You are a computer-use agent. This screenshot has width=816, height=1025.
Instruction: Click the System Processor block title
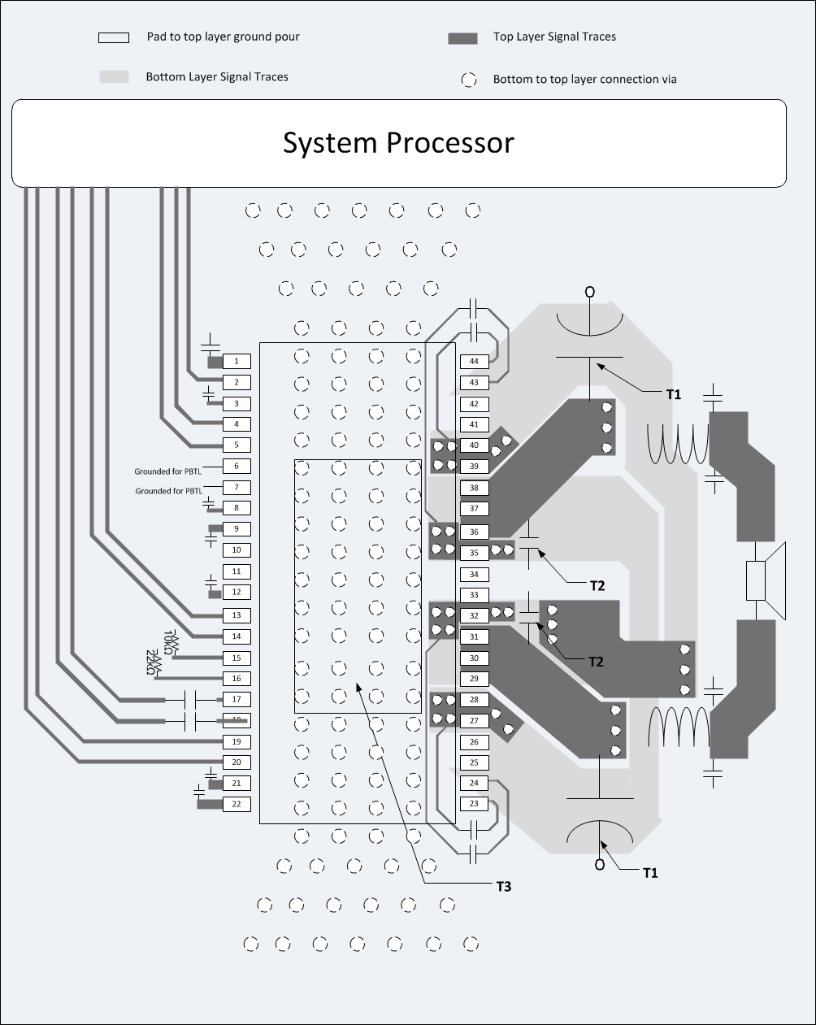pyautogui.click(x=398, y=143)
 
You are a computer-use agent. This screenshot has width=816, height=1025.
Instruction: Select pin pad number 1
pyautogui.click(x=237, y=361)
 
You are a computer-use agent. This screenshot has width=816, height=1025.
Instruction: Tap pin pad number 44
pyautogui.click(x=474, y=362)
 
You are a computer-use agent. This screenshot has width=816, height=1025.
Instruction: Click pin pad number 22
pyautogui.click(x=237, y=804)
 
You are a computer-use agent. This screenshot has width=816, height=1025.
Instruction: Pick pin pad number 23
pyautogui.click(x=474, y=803)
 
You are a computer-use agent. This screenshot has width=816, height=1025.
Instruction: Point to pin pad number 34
pyautogui.click(x=474, y=574)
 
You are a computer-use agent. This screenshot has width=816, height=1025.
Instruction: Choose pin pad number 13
pyautogui.click(x=237, y=615)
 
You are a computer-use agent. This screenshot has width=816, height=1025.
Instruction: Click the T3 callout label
pyautogui.click(x=504, y=886)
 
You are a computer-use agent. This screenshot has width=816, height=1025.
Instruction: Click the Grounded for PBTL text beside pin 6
pyautogui.click(x=169, y=471)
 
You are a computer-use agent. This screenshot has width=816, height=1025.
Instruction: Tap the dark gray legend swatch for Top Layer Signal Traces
pyautogui.click(x=462, y=38)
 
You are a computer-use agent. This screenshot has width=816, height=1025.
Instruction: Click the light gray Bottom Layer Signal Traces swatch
pyautogui.click(x=114, y=76)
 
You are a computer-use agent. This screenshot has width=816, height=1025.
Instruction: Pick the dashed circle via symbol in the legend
pyautogui.click(x=469, y=80)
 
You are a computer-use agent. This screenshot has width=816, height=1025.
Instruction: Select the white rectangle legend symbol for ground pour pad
pyautogui.click(x=114, y=37)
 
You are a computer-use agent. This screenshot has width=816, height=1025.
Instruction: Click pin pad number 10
pyautogui.click(x=237, y=550)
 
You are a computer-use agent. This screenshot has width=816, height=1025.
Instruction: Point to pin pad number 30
pyautogui.click(x=474, y=658)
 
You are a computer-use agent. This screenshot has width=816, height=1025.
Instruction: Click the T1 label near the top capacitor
pyautogui.click(x=673, y=394)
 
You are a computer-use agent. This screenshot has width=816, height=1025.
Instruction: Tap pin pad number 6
pyautogui.click(x=237, y=467)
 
